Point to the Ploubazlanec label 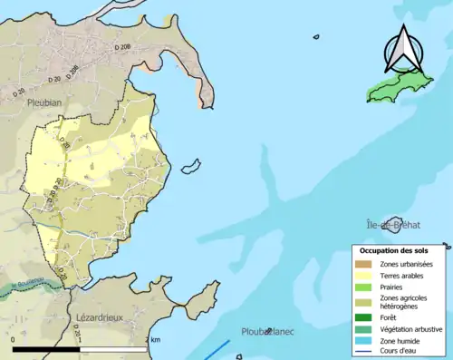pos(267,332)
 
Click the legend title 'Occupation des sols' pos(398,249)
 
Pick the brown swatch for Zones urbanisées pos(365,264)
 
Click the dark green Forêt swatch pos(365,317)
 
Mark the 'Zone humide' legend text pos(399,340)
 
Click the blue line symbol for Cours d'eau pos(365,352)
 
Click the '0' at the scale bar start pos(14,339)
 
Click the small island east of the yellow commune pos(190,167)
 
